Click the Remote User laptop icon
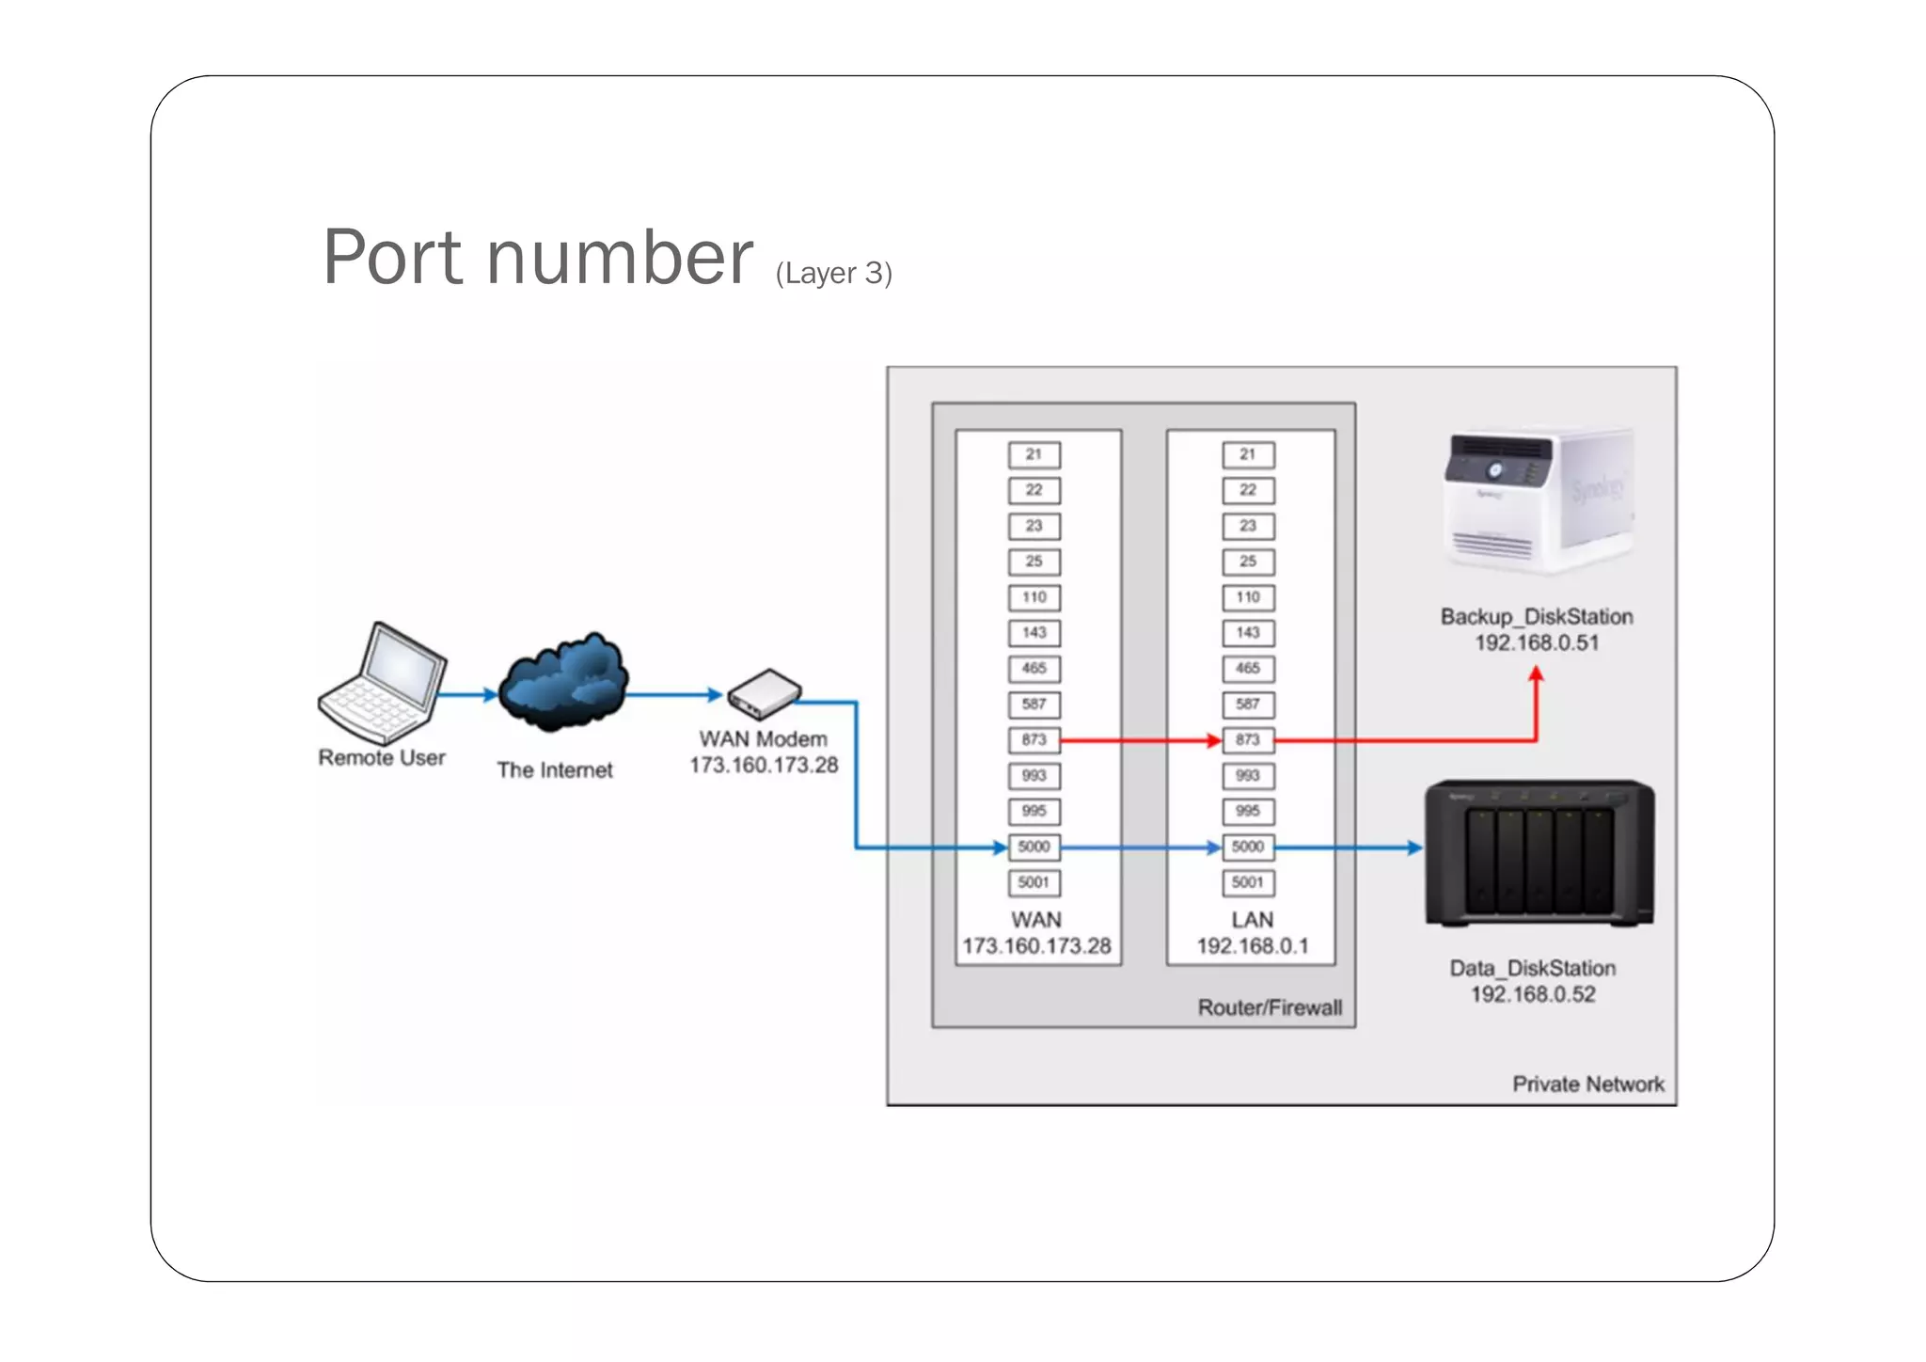(382, 684)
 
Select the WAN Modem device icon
(765, 694)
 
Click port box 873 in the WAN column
(1034, 740)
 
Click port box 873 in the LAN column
(1248, 740)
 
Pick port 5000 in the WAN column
(1034, 847)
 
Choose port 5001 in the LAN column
(1248, 882)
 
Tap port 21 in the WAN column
(1034, 454)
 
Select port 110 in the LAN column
(1248, 597)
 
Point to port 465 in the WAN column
(1034, 669)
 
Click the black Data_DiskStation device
(1539, 852)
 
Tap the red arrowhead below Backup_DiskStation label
(1536, 674)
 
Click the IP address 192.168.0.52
(1533, 994)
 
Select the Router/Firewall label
(1270, 1007)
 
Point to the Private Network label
(1587, 1085)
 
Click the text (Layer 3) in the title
(833, 273)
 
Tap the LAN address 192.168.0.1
(1252, 946)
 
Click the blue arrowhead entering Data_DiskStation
(1414, 847)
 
